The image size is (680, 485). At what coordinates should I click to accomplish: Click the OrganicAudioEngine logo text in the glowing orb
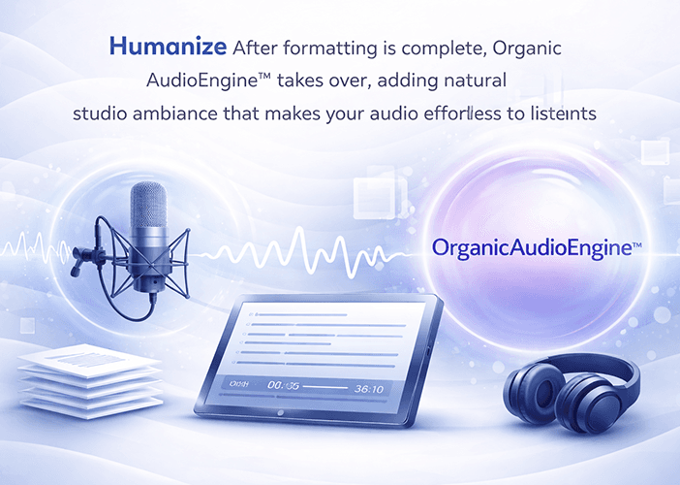tap(537, 247)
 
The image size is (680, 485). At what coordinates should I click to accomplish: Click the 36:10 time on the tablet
tap(369, 388)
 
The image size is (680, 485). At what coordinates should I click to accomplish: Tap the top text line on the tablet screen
tap(299, 315)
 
